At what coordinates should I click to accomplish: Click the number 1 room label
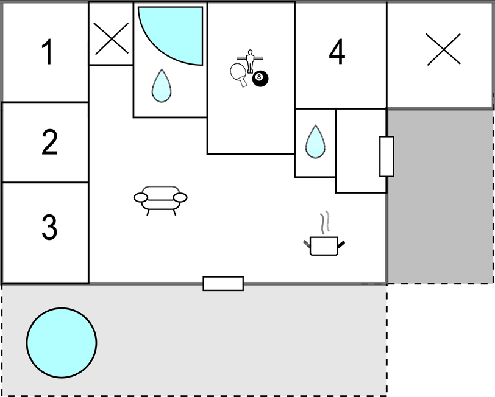point(48,52)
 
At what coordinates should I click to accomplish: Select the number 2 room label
point(49,142)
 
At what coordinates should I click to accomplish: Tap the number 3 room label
point(49,227)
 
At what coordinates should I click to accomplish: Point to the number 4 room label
point(337,52)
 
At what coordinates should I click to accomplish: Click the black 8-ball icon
point(260,78)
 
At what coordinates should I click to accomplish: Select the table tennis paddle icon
point(239,74)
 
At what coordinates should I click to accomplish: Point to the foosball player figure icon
point(250,61)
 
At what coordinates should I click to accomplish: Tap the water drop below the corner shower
point(162,86)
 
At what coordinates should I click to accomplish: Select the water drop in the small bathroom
point(315,142)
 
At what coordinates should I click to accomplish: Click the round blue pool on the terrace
point(62,343)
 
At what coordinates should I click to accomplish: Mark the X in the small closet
point(112,38)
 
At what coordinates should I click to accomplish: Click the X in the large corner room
point(444,49)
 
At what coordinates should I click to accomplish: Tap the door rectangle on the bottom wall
point(223,284)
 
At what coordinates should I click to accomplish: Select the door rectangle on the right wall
point(386,156)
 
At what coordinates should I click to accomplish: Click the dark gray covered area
point(440,196)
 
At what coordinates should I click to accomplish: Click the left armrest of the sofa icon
point(141,198)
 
